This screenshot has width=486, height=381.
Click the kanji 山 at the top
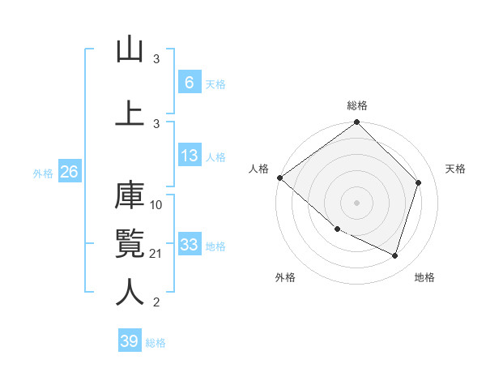coord(130,51)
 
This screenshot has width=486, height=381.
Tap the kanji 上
coord(130,113)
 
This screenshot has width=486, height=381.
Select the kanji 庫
coord(130,197)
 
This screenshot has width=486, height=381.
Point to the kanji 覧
coord(130,242)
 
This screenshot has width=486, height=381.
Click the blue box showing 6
coord(189,82)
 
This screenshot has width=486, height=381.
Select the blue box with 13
coord(189,156)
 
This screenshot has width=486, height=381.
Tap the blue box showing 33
coord(189,245)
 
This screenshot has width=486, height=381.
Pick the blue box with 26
coord(69,172)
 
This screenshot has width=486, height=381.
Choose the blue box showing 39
coord(130,341)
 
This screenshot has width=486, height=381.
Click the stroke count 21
coord(157,255)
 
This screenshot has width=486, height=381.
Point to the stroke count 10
coord(157,204)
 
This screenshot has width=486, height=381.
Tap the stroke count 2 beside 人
coord(156,302)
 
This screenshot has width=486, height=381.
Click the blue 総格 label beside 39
coord(156,343)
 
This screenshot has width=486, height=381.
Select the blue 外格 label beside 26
coord(43,173)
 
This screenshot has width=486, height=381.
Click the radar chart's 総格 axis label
coord(357,105)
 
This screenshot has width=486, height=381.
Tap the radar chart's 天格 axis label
coord(455,169)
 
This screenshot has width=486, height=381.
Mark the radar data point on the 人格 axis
coord(279,178)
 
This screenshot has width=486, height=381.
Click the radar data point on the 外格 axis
coord(337,229)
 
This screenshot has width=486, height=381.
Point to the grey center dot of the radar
coord(357,203)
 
